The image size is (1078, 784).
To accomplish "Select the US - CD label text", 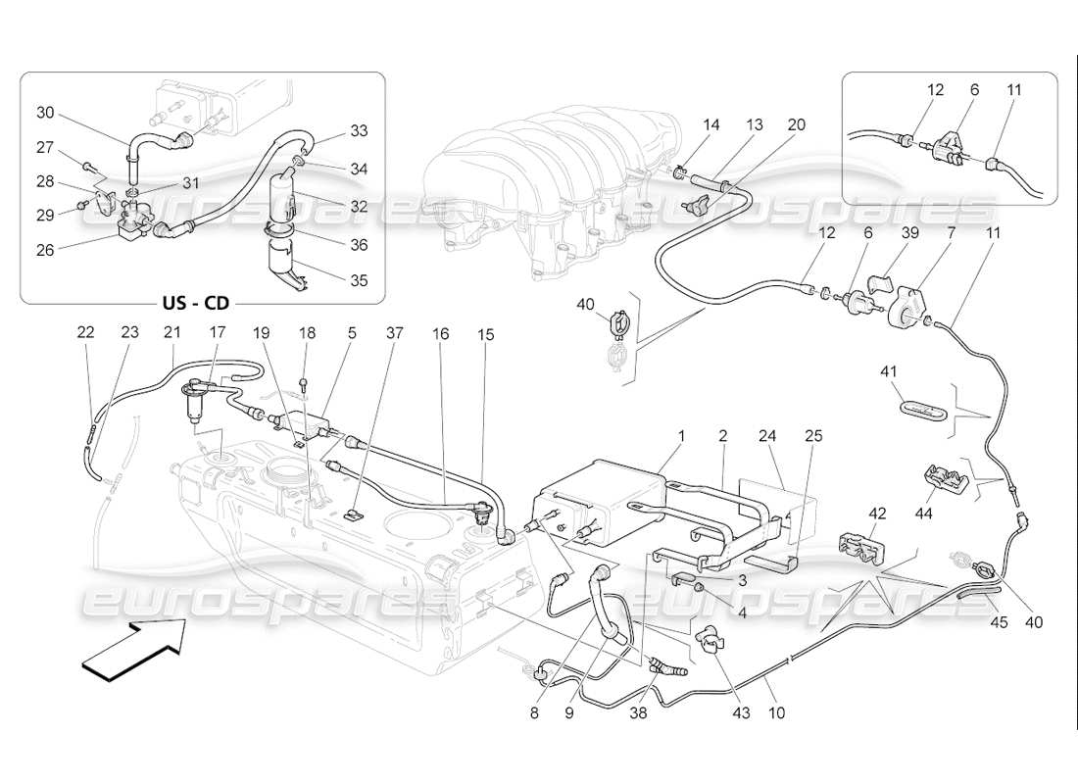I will pyautogui.click(x=198, y=304).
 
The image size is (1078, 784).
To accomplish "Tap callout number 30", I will pyautogui.click(x=45, y=113).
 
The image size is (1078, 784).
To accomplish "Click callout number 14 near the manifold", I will pyautogui.click(x=711, y=124).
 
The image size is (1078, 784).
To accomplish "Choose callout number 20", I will pyautogui.click(x=796, y=124).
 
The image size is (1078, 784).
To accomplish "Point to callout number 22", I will pyautogui.click(x=86, y=333).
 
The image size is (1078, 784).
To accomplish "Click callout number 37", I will pyautogui.click(x=395, y=333).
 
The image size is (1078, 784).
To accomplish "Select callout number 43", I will pyautogui.click(x=740, y=713).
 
